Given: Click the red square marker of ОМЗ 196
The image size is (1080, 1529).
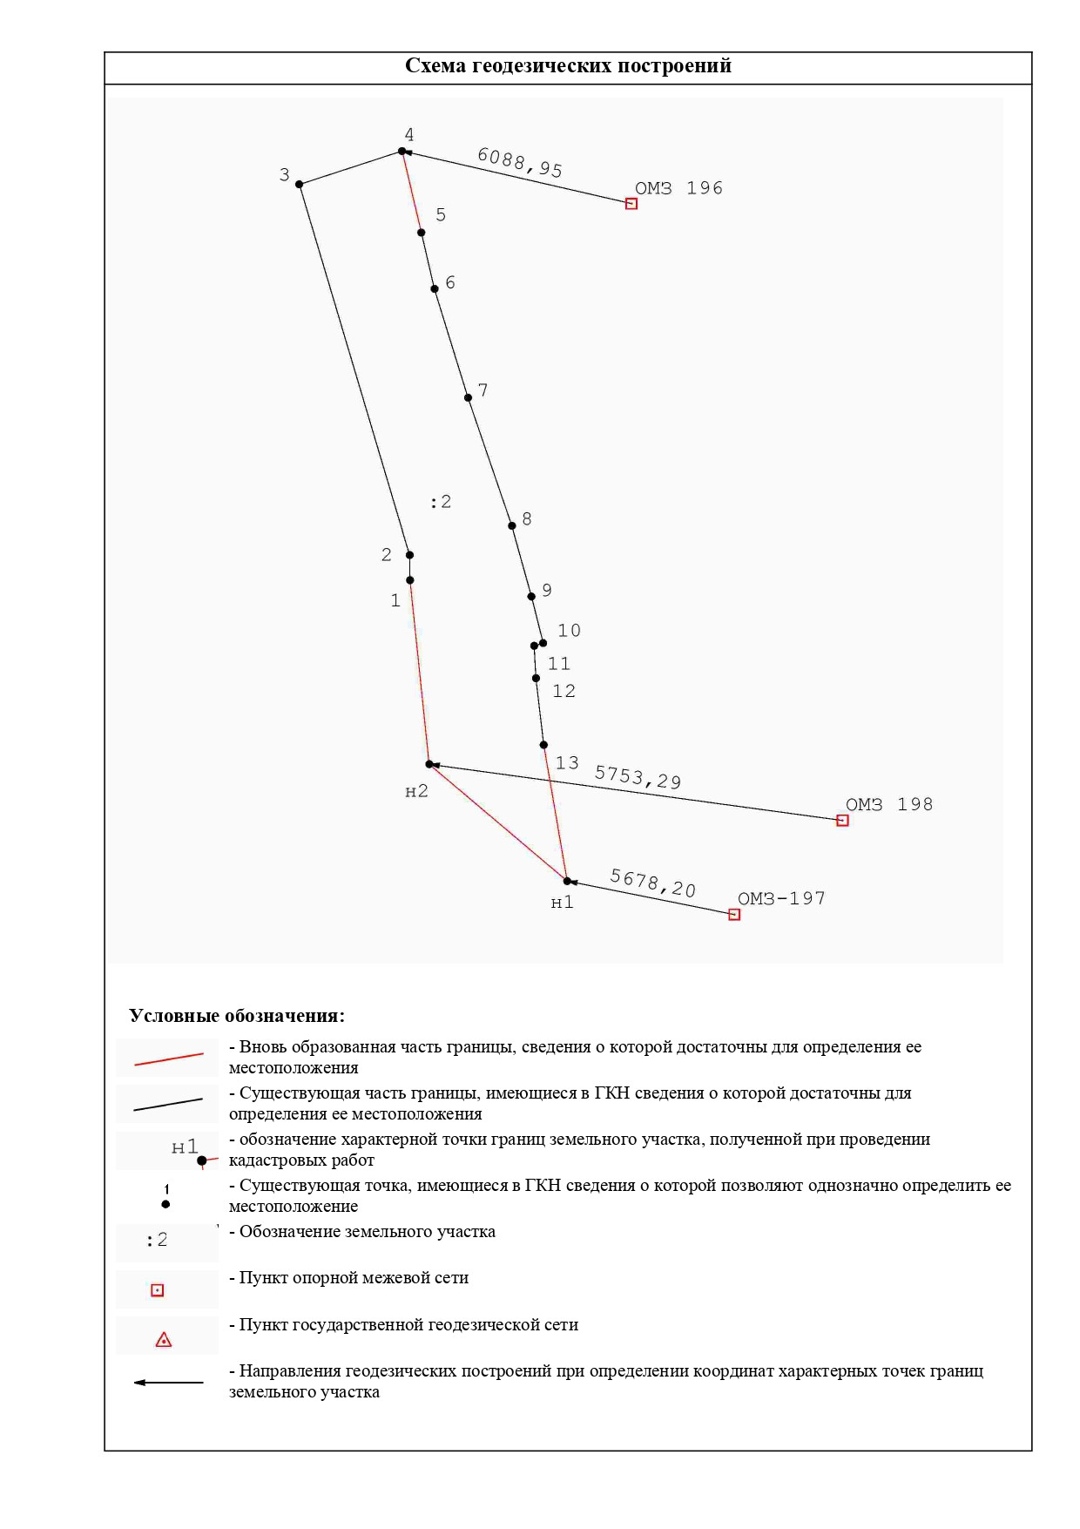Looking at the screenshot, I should (631, 204).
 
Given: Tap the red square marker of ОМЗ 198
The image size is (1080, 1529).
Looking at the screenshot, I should (842, 821).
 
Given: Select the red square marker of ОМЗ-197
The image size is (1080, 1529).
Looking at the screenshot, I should (734, 915).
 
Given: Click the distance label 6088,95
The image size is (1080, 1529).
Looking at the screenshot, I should (520, 162).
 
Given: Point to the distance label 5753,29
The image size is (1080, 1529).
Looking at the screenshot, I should (638, 777).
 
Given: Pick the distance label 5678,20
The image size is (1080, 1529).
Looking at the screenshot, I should (652, 883).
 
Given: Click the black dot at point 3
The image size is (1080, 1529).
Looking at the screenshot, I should (300, 185).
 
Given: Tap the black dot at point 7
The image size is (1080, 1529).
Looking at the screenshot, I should (469, 398).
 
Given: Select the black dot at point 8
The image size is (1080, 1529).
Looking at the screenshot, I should (512, 526).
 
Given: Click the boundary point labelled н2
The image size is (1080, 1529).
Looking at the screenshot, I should (429, 765).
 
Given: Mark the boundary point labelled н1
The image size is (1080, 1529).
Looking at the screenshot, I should (567, 882).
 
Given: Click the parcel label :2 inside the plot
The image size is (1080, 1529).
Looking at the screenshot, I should (441, 502).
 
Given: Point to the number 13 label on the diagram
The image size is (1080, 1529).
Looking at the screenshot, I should (567, 763).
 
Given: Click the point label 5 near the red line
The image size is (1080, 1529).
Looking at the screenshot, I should (441, 215).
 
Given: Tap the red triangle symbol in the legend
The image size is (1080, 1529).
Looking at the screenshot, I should (164, 1340).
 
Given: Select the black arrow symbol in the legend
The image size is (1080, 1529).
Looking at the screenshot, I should (168, 1383).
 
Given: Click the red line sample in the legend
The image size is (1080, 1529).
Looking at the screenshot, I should (168, 1059).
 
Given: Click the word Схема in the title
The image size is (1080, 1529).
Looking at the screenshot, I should (436, 66).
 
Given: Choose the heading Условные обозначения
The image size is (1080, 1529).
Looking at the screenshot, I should (237, 1016).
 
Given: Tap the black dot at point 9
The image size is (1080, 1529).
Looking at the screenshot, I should (531, 597).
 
